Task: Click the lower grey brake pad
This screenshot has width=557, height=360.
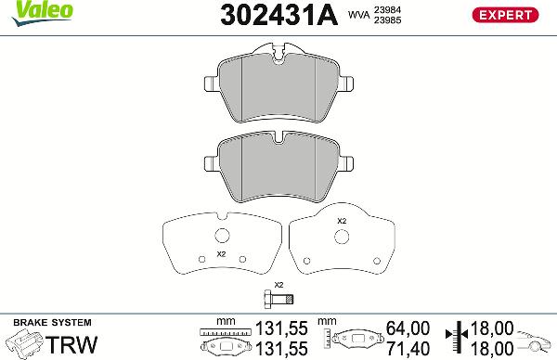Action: click(278, 164)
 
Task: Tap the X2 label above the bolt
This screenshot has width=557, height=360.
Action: click(278, 284)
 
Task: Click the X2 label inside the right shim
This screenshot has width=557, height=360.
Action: click(341, 221)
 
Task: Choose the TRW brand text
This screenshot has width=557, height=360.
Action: click(71, 344)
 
